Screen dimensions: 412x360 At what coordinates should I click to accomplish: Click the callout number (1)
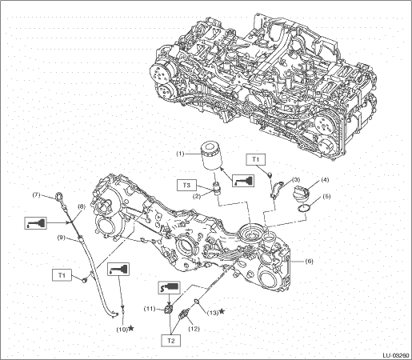click(181, 154)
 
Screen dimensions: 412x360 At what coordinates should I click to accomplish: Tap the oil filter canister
click(211, 156)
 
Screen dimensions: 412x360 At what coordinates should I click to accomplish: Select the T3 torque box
click(186, 185)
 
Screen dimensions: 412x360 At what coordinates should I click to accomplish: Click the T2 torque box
click(171, 341)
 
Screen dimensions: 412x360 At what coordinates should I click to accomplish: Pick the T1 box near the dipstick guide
click(62, 275)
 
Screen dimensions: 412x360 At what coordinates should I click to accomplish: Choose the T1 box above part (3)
click(255, 159)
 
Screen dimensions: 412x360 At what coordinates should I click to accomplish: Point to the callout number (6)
click(309, 262)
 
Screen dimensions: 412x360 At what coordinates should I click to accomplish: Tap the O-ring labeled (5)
click(304, 208)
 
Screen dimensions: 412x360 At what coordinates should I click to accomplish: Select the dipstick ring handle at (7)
click(58, 197)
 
